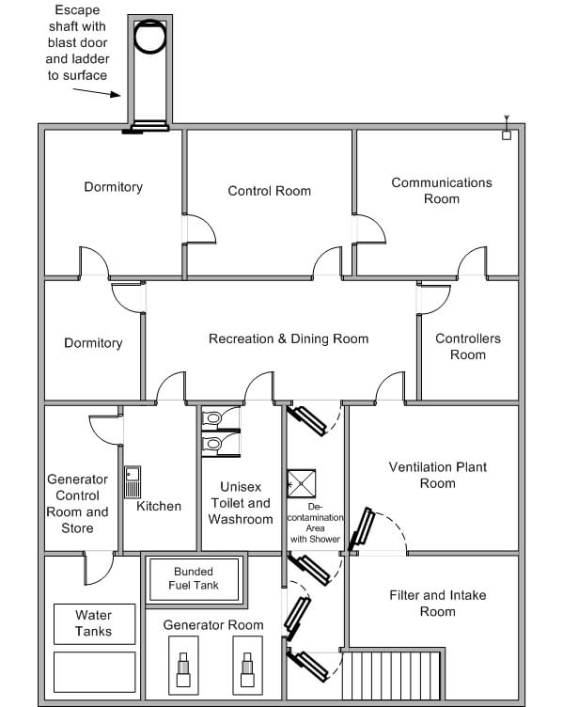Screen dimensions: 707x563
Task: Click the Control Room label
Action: (x=269, y=191)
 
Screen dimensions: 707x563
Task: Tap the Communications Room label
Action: (x=441, y=191)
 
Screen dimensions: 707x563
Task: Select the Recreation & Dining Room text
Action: (x=289, y=338)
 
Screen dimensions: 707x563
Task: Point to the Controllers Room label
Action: (x=467, y=346)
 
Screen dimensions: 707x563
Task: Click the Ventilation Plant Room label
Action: (x=437, y=475)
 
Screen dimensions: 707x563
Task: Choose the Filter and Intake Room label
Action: (x=437, y=603)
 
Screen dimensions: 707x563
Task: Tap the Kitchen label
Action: (x=159, y=506)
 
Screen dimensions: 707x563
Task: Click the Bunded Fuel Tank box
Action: (x=194, y=578)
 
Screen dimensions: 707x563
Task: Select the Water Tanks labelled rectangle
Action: (x=93, y=623)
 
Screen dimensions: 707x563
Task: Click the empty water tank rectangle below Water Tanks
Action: (x=93, y=671)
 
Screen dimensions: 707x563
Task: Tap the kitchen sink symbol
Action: (x=133, y=481)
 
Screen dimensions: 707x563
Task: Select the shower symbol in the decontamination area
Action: (x=302, y=483)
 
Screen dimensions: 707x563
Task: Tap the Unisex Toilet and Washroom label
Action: (x=240, y=503)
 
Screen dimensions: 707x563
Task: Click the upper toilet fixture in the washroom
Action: (x=214, y=417)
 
